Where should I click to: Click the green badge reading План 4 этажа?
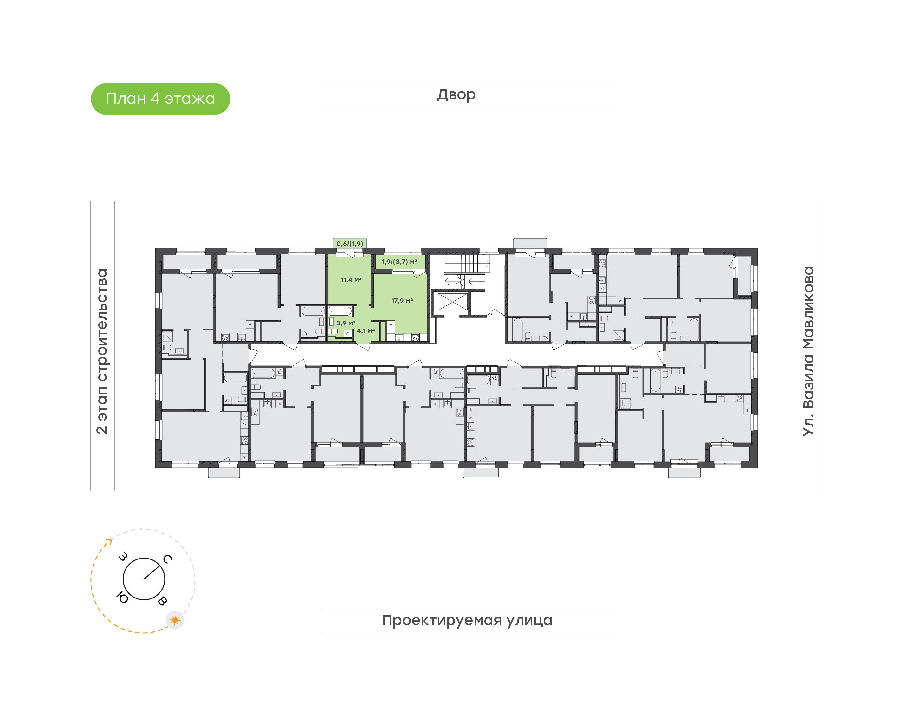coord(160,99)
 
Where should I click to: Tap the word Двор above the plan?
coord(456,95)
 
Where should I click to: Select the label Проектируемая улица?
coord(467,620)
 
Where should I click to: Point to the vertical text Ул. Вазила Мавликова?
coord(808,351)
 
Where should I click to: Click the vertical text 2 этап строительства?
coord(102,351)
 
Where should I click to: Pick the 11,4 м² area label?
coord(351,280)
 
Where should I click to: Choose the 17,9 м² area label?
coord(402,301)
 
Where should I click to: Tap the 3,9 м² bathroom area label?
coord(346,323)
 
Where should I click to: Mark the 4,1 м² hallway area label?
coord(366,331)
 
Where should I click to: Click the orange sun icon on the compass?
coord(175,620)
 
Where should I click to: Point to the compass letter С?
coord(167,559)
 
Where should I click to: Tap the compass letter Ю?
coord(122,598)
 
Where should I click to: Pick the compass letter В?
coord(162,601)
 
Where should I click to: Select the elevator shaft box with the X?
coord(452,302)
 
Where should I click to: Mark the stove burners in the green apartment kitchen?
coord(416,337)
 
